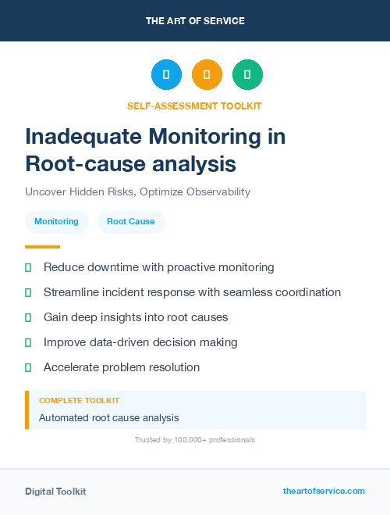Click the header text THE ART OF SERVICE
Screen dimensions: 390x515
click(195, 21)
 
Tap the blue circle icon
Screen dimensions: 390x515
click(166, 75)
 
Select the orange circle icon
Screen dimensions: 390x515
click(207, 75)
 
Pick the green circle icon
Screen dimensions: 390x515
click(247, 75)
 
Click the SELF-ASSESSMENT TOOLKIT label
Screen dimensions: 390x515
click(195, 106)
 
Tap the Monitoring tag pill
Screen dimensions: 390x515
click(56, 221)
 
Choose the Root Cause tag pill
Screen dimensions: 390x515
click(131, 221)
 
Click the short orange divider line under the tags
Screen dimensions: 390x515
click(42, 247)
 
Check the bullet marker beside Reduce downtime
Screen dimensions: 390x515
click(28, 267)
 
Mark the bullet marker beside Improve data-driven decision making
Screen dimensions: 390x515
click(28, 342)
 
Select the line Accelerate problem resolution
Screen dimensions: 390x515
click(122, 367)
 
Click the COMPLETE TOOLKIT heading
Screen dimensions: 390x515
click(79, 400)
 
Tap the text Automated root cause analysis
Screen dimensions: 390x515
click(108, 418)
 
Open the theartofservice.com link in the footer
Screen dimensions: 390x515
click(324, 491)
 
